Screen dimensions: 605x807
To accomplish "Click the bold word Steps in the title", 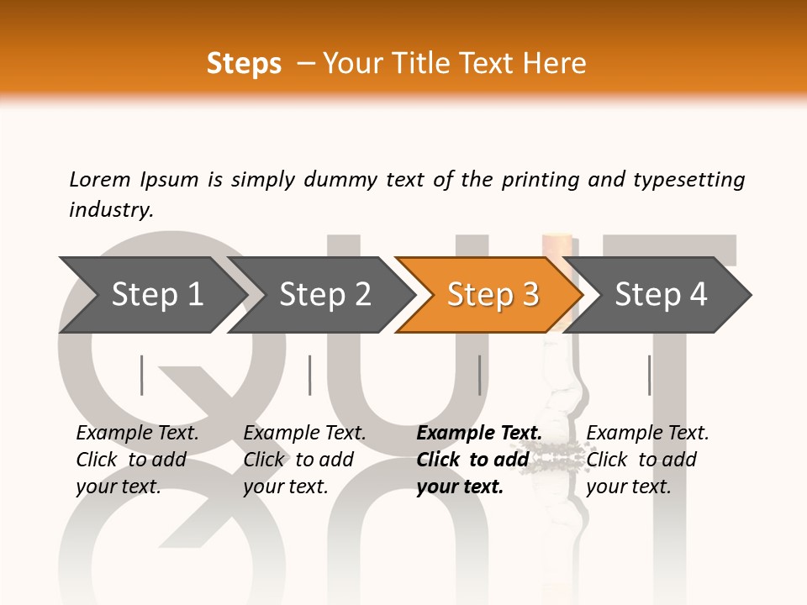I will pyautogui.click(x=244, y=64).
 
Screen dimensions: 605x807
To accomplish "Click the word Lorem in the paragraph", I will pyautogui.click(x=99, y=179).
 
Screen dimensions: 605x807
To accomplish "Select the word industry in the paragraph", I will pyautogui.click(x=110, y=209).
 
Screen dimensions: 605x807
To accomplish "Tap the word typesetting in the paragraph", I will pyautogui.click(x=688, y=180).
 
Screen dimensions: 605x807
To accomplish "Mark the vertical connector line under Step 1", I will pyautogui.click(x=142, y=375).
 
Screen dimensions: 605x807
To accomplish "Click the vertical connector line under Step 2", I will pyautogui.click(x=310, y=375).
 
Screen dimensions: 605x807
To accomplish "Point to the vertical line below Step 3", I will pyautogui.click(x=479, y=375).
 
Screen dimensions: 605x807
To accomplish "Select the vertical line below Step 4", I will pyautogui.click(x=649, y=375).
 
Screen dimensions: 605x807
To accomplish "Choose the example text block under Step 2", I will pyautogui.click(x=304, y=460).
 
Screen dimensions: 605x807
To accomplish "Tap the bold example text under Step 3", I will pyautogui.click(x=478, y=460).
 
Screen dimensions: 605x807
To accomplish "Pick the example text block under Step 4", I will pyautogui.click(x=647, y=460).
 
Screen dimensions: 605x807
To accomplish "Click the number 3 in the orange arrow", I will pyautogui.click(x=529, y=295).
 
